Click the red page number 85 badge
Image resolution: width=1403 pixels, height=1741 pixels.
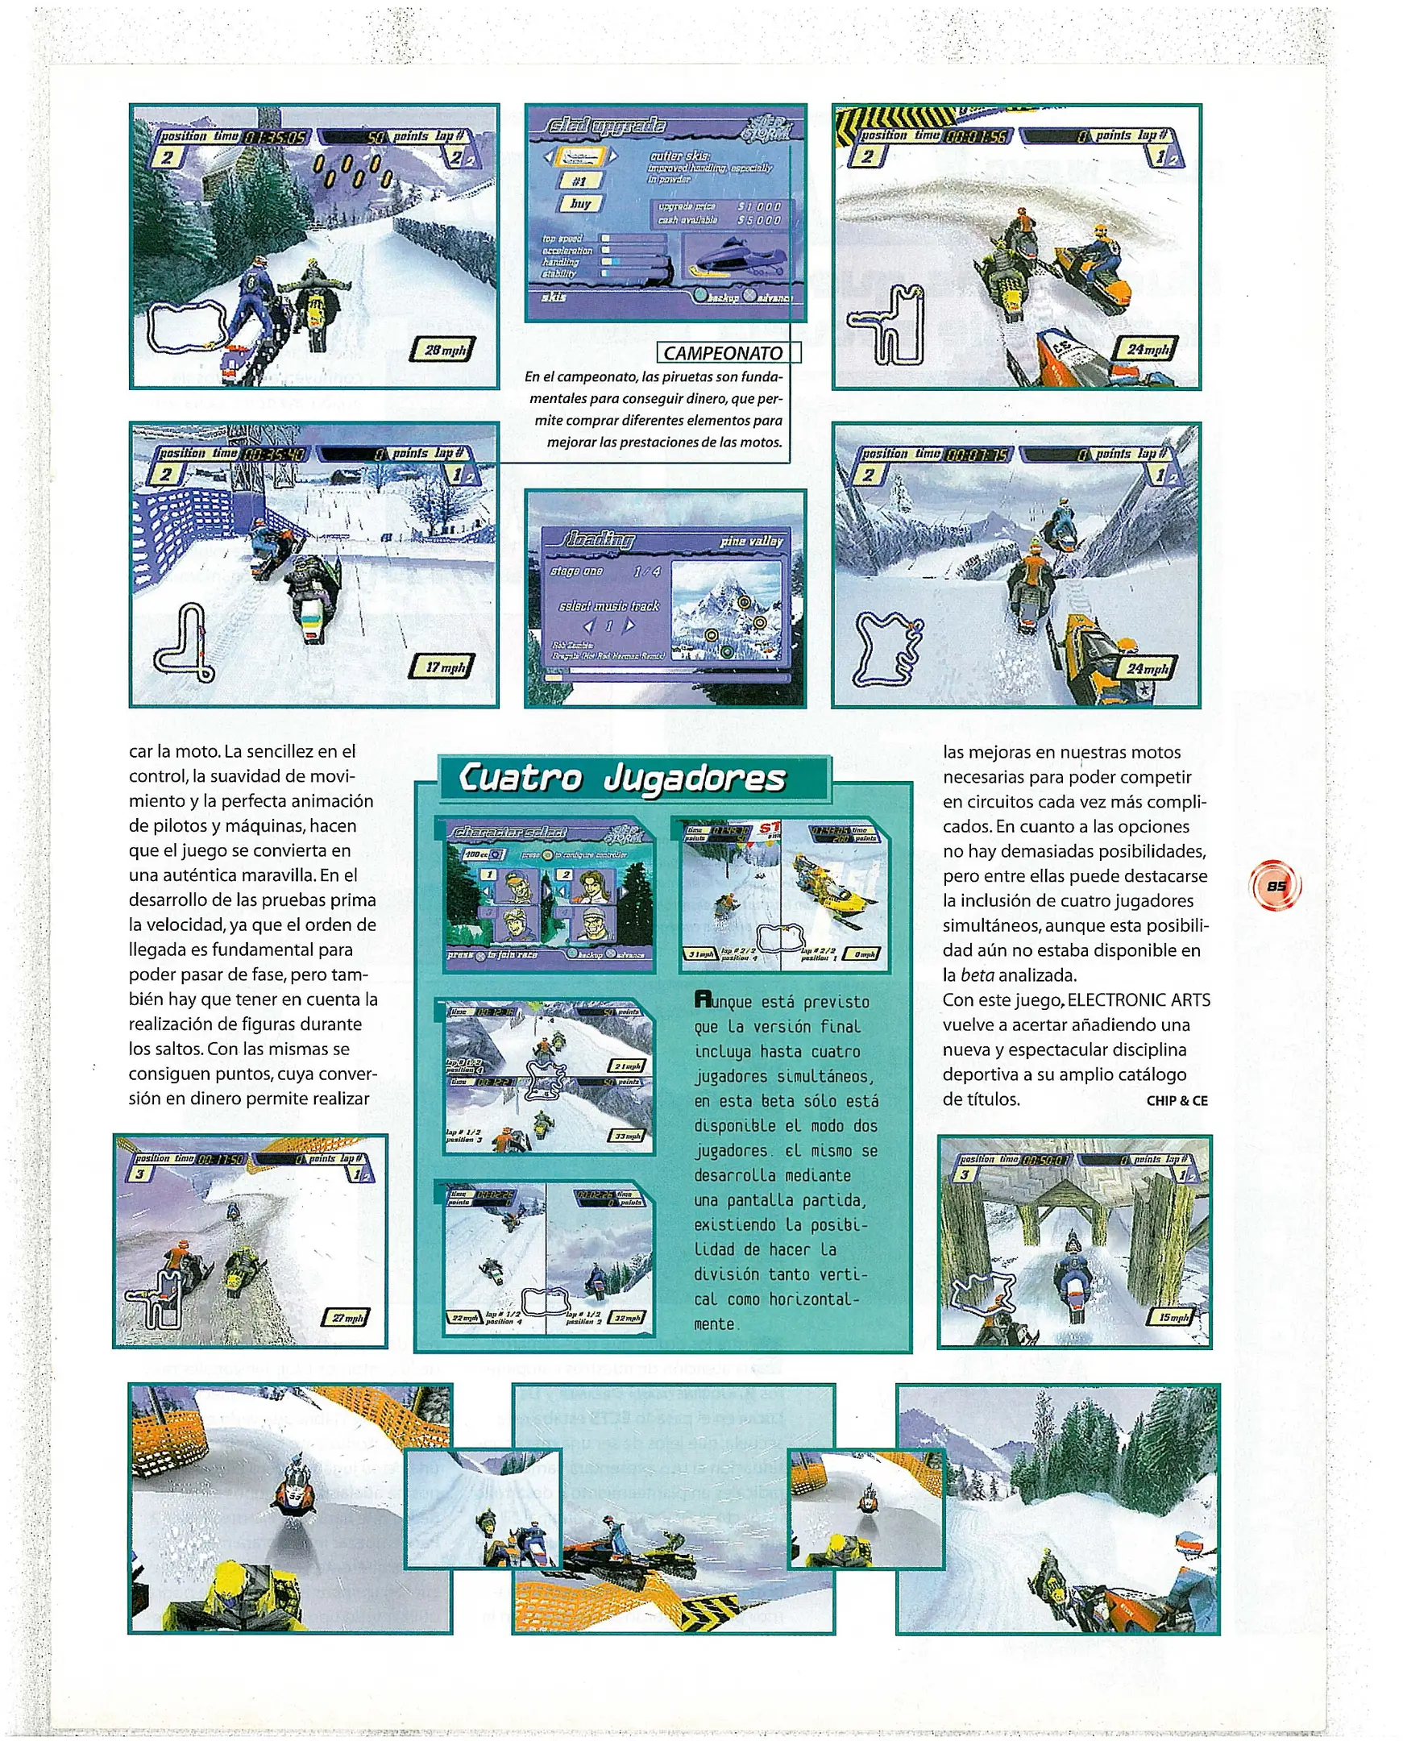tap(1276, 886)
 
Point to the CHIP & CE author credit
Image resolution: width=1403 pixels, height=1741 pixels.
tap(1176, 1100)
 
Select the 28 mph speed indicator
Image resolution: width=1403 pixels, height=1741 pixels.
tap(444, 350)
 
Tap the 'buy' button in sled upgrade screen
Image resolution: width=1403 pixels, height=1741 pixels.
tap(579, 204)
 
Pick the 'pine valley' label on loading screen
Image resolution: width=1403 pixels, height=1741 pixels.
tap(751, 541)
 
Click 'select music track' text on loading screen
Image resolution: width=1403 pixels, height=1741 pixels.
tap(608, 606)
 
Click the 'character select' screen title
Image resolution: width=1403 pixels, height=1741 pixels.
tap(509, 832)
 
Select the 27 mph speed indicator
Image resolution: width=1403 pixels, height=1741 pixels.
tap(347, 1319)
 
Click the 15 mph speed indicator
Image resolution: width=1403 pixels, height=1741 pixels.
tap(1173, 1318)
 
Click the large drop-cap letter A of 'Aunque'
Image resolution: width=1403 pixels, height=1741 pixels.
tap(703, 999)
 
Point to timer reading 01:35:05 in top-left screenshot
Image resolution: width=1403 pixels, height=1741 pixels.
tap(275, 137)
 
